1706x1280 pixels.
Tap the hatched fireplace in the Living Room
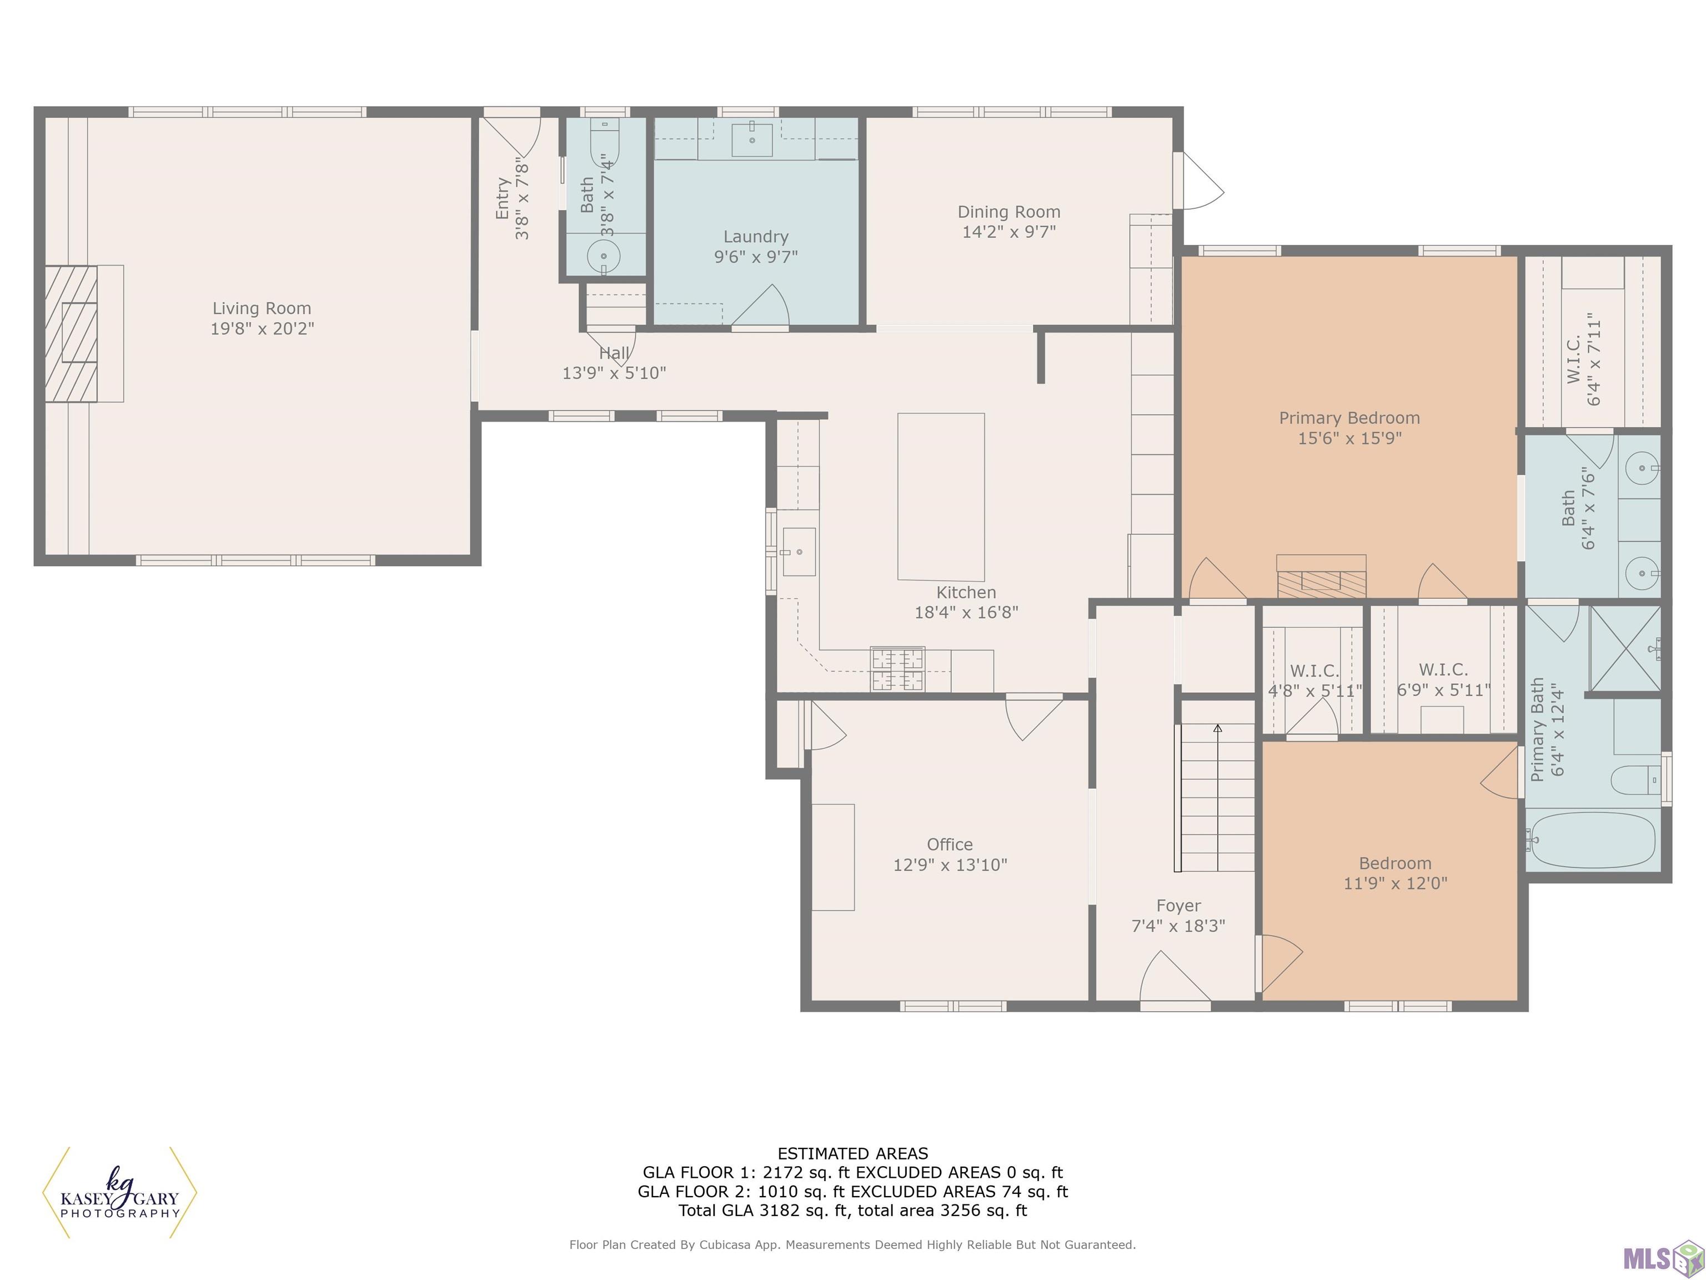pos(71,333)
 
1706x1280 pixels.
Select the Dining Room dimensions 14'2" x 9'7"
pos(1009,232)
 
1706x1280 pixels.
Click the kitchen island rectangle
pos(941,497)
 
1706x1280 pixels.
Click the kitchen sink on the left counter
pos(799,552)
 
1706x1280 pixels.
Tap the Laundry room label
pos(756,237)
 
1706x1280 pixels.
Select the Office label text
pos(950,844)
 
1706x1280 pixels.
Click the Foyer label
pos(1178,906)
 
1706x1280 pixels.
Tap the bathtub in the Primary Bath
pos(1593,839)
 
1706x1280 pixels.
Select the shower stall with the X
pos(1625,649)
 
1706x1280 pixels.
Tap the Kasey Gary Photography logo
pos(119,1193)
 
